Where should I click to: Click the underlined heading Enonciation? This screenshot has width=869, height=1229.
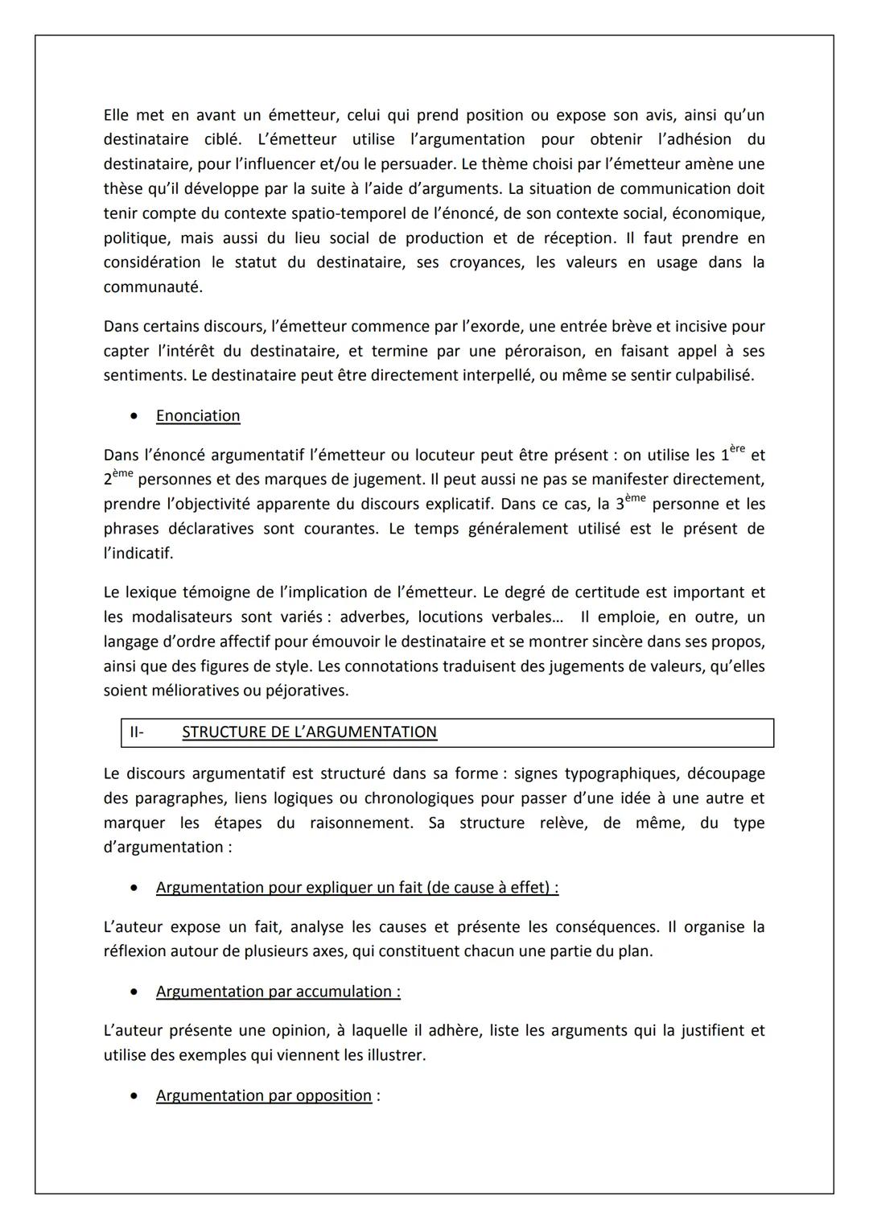[198, 416]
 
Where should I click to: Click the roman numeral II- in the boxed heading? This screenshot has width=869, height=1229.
[136, 732]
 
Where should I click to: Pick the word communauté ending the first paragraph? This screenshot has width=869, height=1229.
[152, 287]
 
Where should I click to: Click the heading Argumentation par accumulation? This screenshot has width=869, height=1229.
[278, 992]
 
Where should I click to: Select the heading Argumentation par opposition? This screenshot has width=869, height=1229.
[264, 1096]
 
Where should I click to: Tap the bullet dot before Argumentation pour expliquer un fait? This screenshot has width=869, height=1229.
[134, 888]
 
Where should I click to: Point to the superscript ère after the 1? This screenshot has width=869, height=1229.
[737, 449]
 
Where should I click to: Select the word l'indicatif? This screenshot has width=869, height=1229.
[138, 554]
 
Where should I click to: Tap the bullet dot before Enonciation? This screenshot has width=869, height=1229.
[134, 416]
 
